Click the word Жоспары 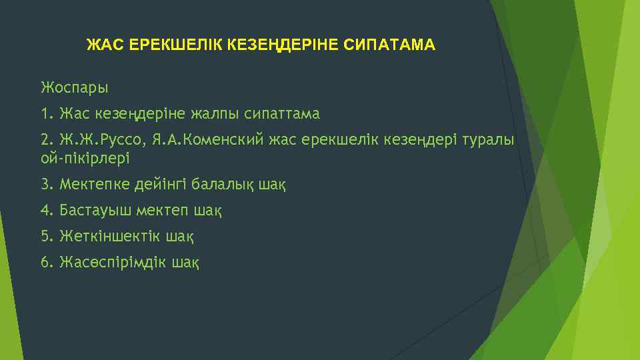pos(75,87)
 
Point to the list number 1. pos(45,114)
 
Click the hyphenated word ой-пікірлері pos(85,159)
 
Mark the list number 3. pos(45,184)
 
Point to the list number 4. pos(45,211)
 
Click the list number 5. pos(45,236)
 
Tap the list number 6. pos(45,262)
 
